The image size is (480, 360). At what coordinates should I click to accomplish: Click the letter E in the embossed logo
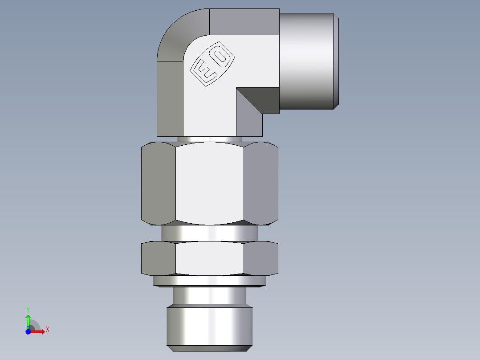point(205,72)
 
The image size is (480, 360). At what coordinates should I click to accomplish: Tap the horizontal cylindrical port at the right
point(307,61)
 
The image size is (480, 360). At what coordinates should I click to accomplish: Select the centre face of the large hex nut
point(209,184)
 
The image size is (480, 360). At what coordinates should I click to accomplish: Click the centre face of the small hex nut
point(209,258)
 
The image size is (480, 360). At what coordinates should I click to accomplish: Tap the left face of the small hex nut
point(159,258)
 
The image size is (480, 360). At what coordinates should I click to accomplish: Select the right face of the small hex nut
point(261,258)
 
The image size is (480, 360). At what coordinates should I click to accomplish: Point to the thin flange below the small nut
point(209,281)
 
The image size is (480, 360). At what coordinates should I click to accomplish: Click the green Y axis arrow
point(28,320)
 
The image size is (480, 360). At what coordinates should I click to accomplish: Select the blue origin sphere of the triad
point(28,331)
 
